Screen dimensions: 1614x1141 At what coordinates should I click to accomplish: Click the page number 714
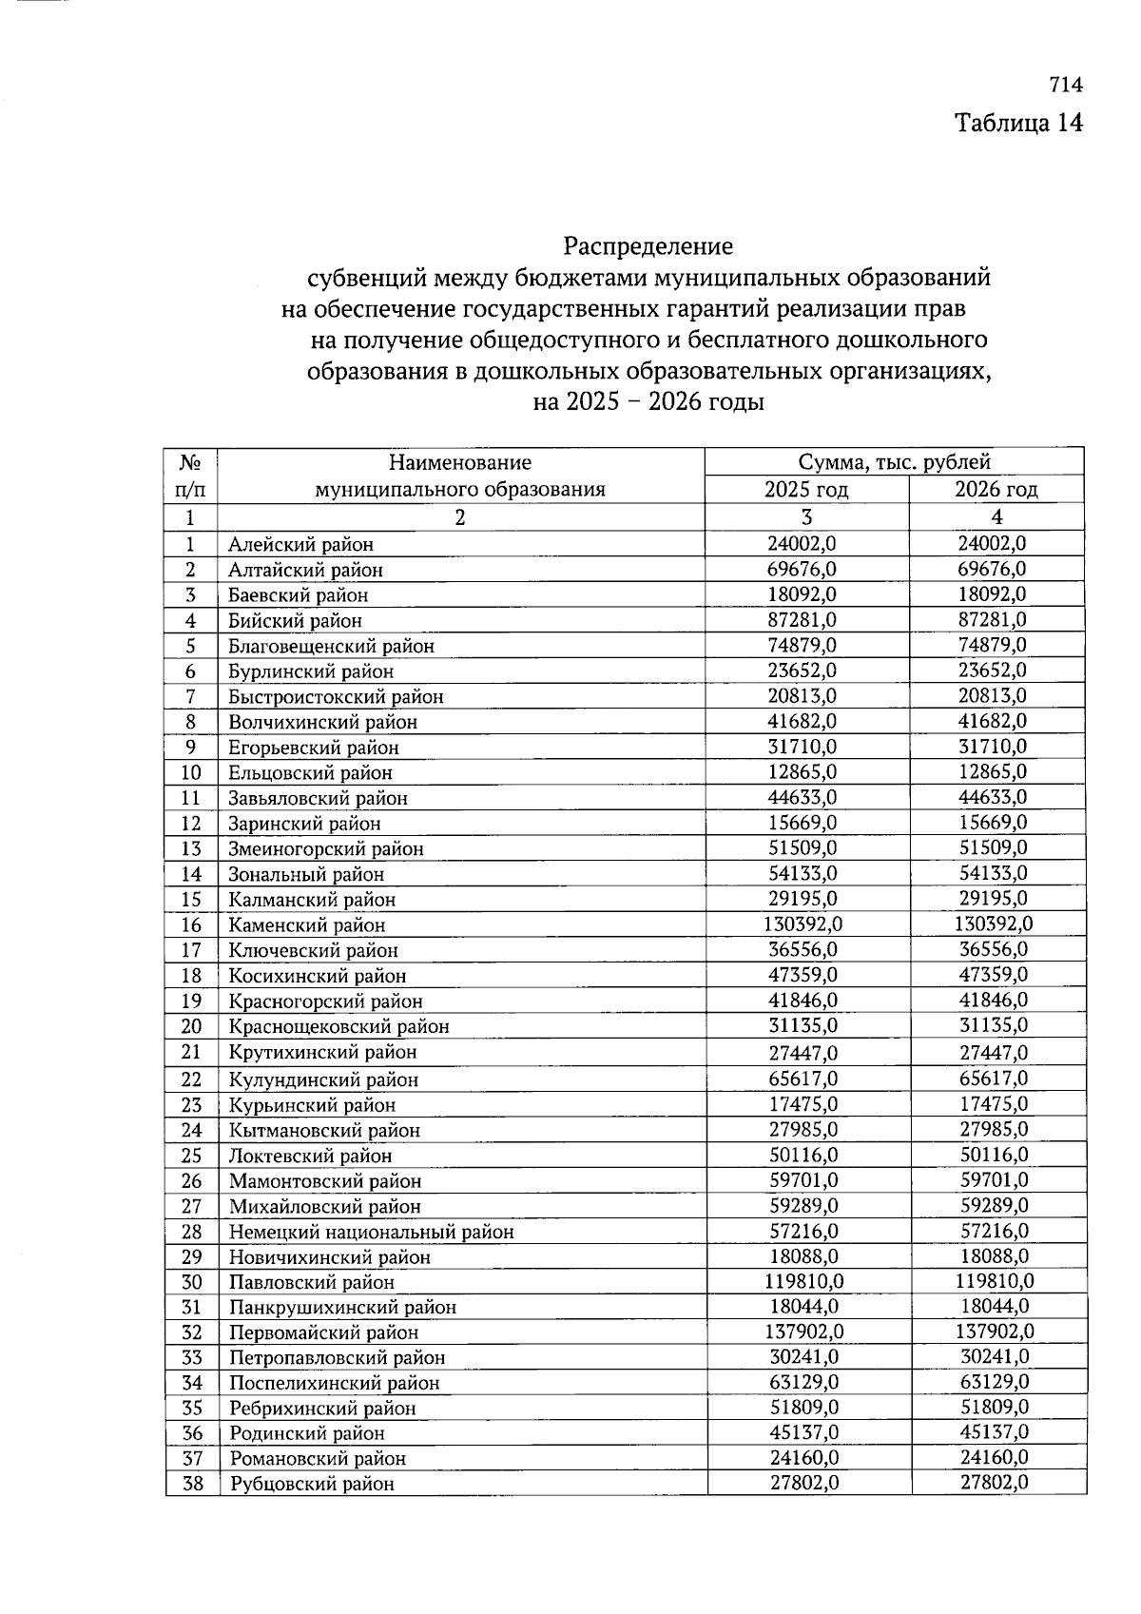(x=1066, y=85)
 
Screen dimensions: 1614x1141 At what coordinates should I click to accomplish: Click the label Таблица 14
(x=1018, y=124)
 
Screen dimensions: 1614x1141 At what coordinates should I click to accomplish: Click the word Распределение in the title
(x=648, y=246)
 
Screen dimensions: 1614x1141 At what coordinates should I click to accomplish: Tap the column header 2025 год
(x=806, y=490)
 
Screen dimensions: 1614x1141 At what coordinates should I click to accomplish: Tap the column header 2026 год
(x=996, y=490)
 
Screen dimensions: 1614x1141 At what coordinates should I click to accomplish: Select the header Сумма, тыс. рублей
(x=894, y=462)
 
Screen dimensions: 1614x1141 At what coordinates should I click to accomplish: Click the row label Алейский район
(x=300, y=544)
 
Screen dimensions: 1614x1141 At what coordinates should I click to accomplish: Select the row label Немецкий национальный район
(x=371, y=1232)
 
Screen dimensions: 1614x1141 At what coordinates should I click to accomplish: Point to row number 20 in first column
(x=191, y=1026)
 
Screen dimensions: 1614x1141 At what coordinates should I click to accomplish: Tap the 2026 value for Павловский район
(x=995, y=1281)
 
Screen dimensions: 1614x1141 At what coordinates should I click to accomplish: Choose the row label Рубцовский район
(x=311, y=1484)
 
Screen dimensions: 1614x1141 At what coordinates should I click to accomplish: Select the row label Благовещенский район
(x=331, y=646)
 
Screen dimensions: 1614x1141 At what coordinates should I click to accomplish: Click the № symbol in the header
(x=190, y=462)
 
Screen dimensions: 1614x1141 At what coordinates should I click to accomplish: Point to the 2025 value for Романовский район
(x=803, y=1458)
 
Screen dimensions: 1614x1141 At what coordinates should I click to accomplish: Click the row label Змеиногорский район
(x=325, y=848)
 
